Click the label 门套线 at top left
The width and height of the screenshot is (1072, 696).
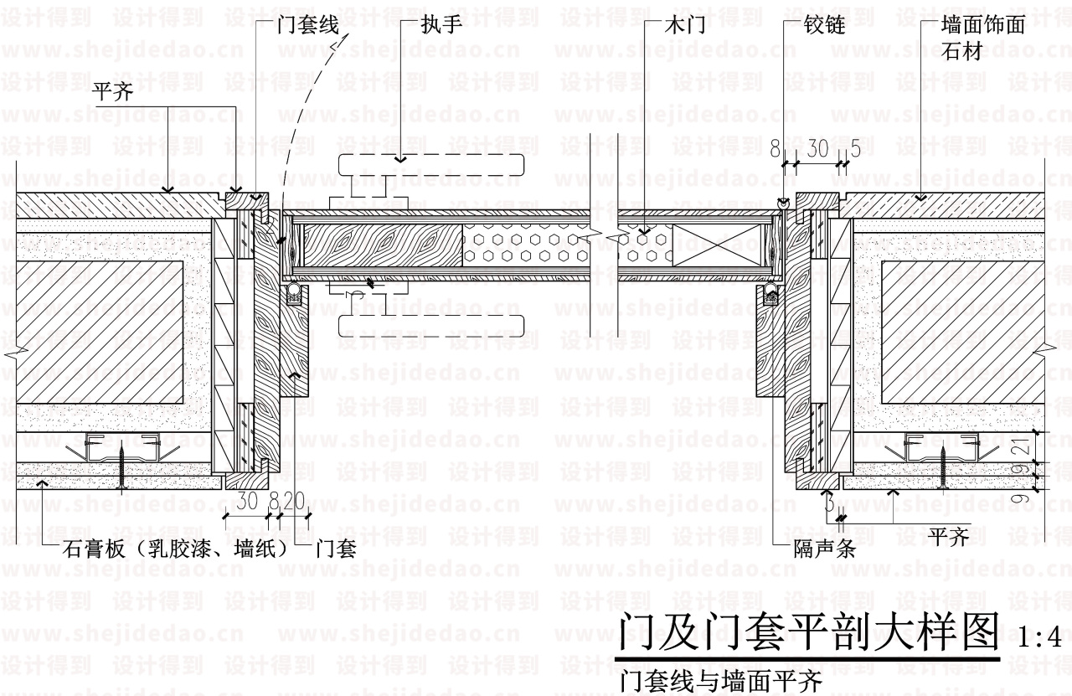tap(307, 26)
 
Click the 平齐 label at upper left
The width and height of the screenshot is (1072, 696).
tap(114, 92)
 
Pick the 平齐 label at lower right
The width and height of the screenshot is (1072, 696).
tap(949, 536)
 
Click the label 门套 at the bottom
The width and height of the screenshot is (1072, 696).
tap(337, 550)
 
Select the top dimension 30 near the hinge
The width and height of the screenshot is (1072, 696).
tap(817, 148)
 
